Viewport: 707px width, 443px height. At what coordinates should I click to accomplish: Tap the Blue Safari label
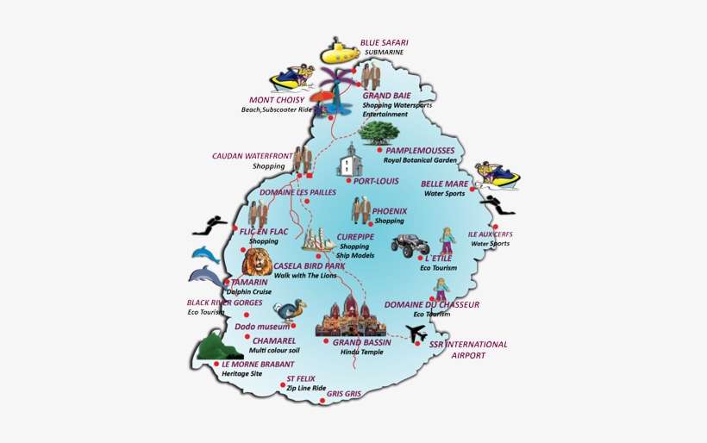pos(384,42)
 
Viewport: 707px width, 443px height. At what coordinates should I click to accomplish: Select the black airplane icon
pos(416,333)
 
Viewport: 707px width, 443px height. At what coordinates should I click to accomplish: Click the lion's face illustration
pos(257,261)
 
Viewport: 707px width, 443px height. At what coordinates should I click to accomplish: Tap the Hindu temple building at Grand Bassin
pos(350,316)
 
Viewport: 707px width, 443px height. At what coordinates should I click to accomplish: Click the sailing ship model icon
pos(318,240)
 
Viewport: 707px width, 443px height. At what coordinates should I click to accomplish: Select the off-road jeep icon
pos(410,245)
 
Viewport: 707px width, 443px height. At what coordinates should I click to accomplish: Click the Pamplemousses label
pos(420,150)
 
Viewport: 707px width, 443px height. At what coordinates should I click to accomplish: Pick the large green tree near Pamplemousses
pos(379,132)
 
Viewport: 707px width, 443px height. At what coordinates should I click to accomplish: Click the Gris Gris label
pos(343,393)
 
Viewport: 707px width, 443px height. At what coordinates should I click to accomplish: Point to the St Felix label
pos(301,378)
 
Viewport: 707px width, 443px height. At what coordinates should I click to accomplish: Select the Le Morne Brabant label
pos(252,364)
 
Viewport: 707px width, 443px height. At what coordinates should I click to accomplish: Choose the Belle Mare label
pos(444,184)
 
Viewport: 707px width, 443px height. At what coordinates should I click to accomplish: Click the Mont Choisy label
pos(277,99)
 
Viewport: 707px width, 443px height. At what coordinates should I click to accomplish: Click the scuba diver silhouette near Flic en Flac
pos(210,226)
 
